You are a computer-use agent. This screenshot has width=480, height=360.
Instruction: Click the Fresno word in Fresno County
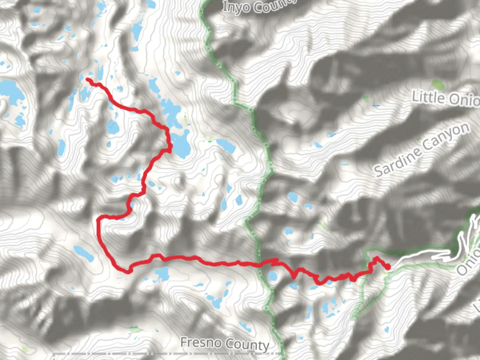point(201,342)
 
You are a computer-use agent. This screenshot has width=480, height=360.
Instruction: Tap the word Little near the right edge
point(428,97)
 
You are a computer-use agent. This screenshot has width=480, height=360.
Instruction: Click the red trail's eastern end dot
point(388,267)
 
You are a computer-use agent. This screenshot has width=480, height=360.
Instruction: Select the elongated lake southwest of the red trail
point(84,254)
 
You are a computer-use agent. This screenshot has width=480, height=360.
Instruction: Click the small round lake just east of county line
point(272,276)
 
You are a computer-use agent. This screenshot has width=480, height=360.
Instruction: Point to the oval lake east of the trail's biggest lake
point(226,146)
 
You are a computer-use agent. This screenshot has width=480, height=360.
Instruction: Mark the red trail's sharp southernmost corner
point(128,271)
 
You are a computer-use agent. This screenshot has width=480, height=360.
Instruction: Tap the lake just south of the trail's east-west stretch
point(162,274)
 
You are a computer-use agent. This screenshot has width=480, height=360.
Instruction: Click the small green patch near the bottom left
point(133,329)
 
